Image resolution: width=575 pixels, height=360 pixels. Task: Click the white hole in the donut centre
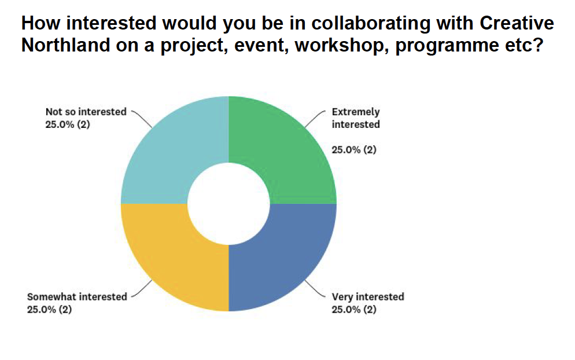pos(228,204)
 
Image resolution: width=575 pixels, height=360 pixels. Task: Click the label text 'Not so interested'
pos(86,112)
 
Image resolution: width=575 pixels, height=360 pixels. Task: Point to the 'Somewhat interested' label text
pos(77,296)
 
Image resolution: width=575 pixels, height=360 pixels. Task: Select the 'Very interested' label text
pos(368,296)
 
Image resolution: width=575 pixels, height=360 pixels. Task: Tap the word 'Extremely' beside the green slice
pos(356,112)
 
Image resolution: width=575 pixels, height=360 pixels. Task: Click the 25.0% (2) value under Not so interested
pos(68,124)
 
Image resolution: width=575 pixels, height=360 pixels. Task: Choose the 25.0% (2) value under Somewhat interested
pos(49,310)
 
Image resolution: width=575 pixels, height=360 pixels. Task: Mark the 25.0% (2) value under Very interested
pos(354,310)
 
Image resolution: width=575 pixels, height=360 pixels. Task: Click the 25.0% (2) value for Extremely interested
pos(354,150)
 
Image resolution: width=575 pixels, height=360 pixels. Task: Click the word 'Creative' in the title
pos(517,23)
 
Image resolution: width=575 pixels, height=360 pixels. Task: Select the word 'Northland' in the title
pos(65,45)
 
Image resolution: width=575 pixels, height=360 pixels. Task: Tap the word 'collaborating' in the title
pos(371,24)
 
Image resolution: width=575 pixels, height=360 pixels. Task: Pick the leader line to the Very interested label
pos(315,288)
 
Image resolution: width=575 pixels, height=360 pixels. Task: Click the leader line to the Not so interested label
pos(142,119)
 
